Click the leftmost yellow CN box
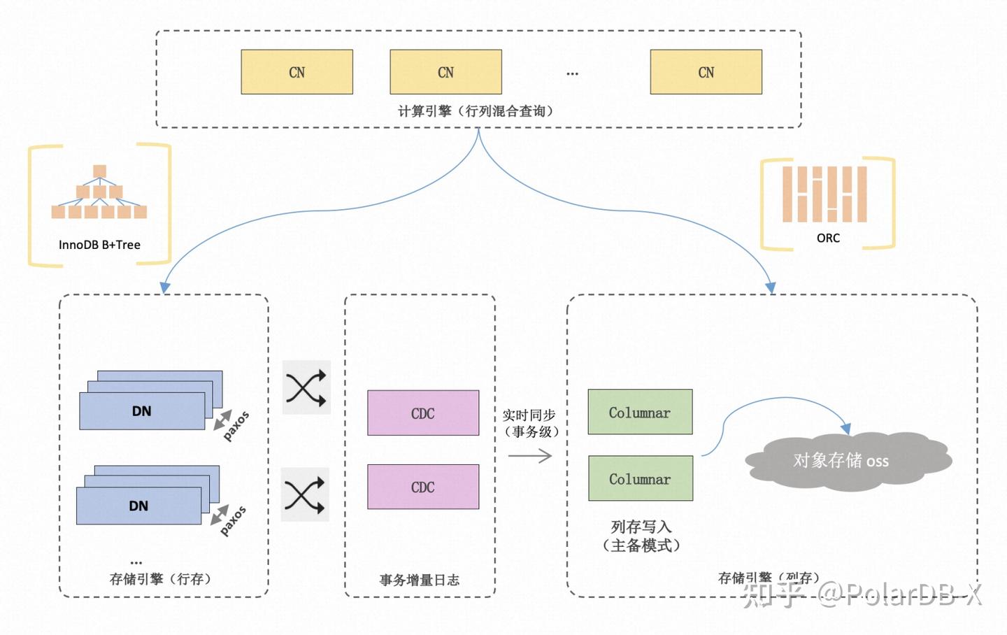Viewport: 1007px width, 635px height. click(297, 72)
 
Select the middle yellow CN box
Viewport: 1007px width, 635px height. click(445, 72)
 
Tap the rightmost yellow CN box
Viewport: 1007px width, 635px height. click(706, 72)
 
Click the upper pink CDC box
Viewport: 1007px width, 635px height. click(423, 413)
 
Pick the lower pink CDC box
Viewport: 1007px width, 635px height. click(423, 487)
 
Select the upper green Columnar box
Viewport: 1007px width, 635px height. click(640, 413)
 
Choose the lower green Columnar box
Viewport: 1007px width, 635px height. click(640, 479)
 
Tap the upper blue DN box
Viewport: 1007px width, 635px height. click(142, 411)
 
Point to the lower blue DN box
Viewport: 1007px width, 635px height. click(138, 506)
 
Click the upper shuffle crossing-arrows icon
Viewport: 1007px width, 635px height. click(306, 387)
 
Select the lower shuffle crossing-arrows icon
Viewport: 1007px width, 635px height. click(305, 494)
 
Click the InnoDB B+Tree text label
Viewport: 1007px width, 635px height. click(99, 245)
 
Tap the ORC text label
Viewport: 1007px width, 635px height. click(828, 238)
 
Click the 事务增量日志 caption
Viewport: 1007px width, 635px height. click(420, 580)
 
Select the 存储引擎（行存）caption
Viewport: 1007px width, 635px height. click(160, 579)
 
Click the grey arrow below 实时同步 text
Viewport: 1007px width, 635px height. click(530, 456)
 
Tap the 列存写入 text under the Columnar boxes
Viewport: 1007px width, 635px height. click(641, 527)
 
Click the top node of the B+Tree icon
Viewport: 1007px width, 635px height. click(99, 171)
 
